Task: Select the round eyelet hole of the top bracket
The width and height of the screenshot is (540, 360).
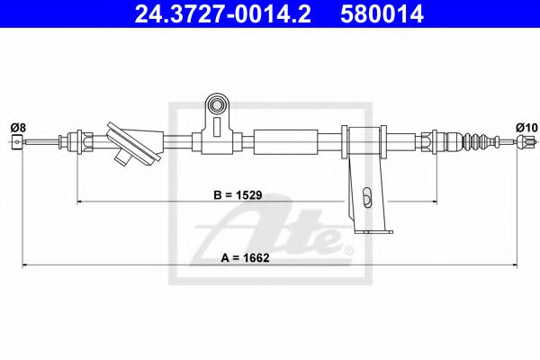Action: click(x=215, y=106)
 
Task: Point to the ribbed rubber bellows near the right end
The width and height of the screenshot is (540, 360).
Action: click(x=477, y=141)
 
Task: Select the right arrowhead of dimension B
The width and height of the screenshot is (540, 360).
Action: click(x=435, y=202)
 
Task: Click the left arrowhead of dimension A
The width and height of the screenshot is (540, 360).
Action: click(x=26, y=265)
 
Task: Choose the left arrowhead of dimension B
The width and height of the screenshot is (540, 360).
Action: click(x=82, y=202)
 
